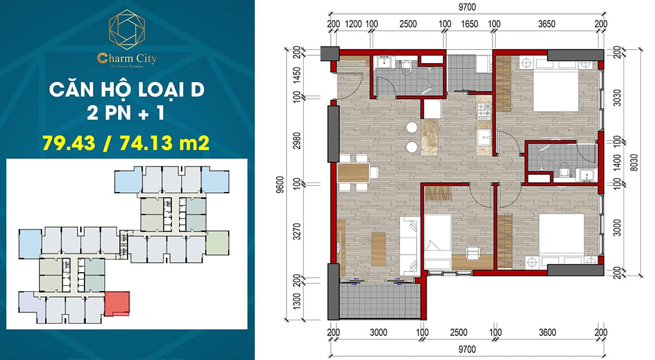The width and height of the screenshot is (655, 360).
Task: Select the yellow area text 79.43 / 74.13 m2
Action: point(126,143)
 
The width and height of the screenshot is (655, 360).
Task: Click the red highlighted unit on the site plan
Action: point(117,305)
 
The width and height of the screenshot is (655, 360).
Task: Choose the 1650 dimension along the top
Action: point(469,25)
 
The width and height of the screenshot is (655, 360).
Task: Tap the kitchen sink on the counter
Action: point(484,138)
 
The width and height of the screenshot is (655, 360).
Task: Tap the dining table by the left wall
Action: point(355,173)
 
